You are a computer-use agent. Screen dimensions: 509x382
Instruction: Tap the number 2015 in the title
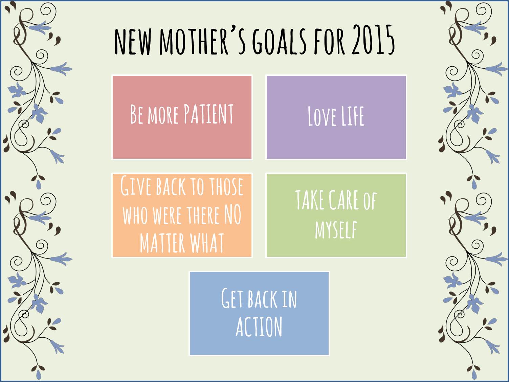[x=373, y=40]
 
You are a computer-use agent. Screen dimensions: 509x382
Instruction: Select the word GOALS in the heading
[x=279, y=41]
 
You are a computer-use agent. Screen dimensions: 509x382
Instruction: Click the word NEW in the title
[x=133, y=42]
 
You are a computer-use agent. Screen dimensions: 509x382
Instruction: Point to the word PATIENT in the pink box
[x=208, y=114]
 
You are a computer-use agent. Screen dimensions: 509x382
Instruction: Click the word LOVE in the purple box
[x=322, y=116]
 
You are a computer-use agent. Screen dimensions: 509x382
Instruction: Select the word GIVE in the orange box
[x=136, y=186]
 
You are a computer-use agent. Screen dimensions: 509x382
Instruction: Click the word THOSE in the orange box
[x=226, y=186]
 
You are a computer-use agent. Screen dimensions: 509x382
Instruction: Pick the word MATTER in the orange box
[x=162, y=243]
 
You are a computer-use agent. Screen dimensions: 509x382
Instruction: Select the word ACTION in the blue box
[x=259, y=327]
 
